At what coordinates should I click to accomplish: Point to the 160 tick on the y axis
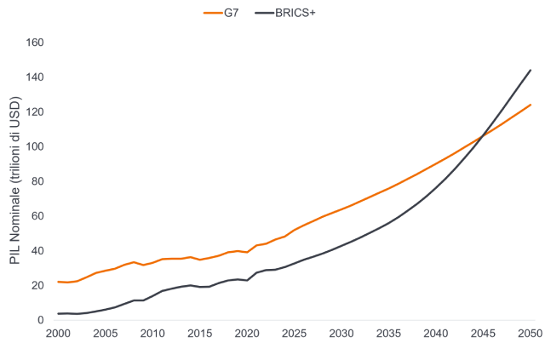(x=37, y=43)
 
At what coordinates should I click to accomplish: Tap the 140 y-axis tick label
(x=37, y=77)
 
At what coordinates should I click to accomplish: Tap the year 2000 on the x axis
(x=58, y=333)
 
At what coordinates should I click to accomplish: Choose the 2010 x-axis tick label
(x=152, y=333)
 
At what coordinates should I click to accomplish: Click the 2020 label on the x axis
(x=247, y=333)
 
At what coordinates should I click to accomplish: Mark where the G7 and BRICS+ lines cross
(x=483, y=133)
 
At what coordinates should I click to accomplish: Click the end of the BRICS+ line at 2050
(x=531, y=70)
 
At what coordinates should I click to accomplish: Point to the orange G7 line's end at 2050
(x=531, y=105)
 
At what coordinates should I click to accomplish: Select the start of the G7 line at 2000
(x=58, y=282)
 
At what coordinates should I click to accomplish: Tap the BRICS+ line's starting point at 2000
(x=58, y=313)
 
